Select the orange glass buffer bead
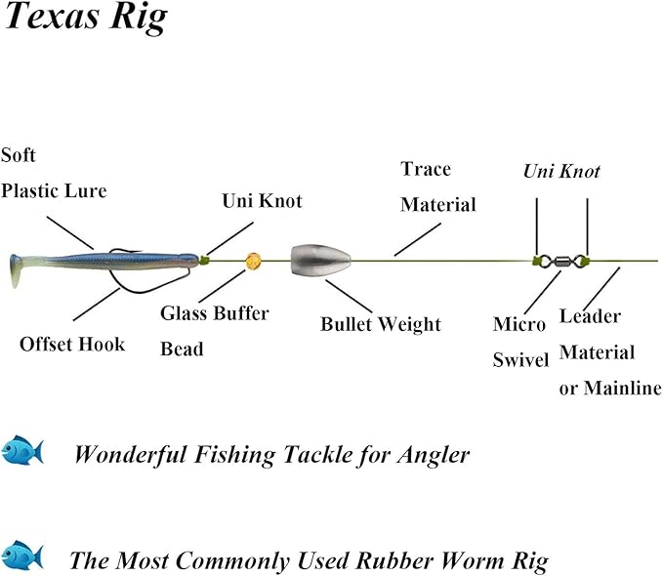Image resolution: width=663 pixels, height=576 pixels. (253, 261)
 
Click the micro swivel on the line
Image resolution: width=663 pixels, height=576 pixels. (561, 261)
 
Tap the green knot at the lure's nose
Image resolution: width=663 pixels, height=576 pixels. (205, 260)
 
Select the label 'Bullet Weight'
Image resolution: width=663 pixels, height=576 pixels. (380, 324)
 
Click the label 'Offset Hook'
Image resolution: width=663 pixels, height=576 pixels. (72, 344)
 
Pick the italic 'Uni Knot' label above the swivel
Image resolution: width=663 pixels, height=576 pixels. (561, 172)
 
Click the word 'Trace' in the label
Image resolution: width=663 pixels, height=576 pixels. (426, 169)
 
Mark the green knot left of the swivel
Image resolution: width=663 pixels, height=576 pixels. (537, 260)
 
